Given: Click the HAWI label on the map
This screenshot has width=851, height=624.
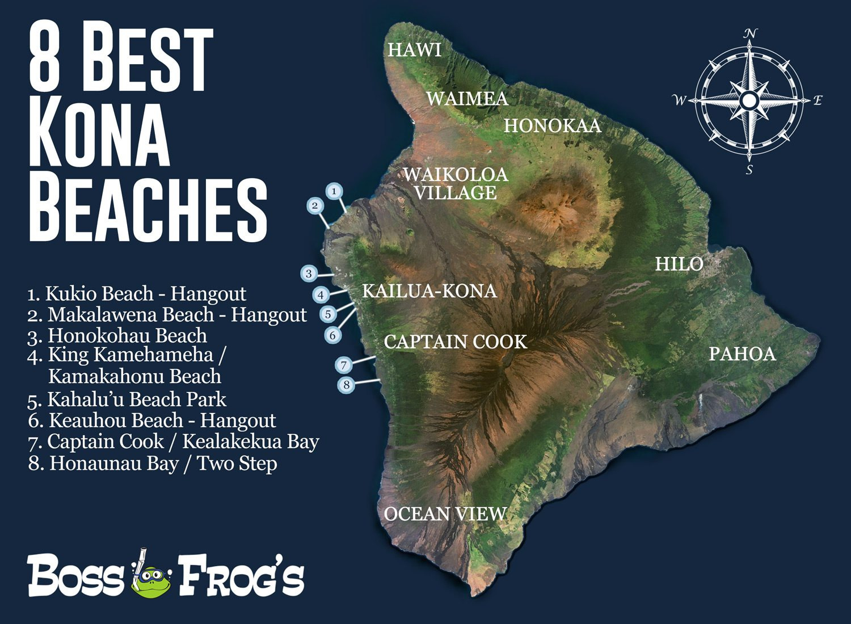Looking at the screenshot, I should tap(414, 50).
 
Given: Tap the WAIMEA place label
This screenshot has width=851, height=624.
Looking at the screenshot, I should tap(467, 99).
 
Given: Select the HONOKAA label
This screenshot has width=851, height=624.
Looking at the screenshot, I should tap(552, 125).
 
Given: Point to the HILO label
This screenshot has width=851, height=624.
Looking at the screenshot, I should tap(679, 264).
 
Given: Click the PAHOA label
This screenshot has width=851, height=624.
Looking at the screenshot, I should tap(742, 354).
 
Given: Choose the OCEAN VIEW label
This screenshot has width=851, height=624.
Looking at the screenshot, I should tap(445, 514).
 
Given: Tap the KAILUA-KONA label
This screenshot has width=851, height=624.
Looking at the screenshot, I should tap(429, 291).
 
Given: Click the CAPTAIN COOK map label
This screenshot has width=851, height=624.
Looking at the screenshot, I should tap(455, 341).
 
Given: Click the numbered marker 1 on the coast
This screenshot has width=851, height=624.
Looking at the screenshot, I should tap(335, 191).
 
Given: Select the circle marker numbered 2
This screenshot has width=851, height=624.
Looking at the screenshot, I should tap(315, 205).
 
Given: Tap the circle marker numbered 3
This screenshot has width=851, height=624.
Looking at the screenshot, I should tap(309, 273).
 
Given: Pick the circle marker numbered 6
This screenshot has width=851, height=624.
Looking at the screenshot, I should tap(333, 335).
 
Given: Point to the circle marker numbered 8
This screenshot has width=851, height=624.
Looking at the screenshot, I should tap(346, 385).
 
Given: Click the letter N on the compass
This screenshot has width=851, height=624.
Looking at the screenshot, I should tap(750, 34).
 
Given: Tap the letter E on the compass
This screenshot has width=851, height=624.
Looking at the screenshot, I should tap(818, 101).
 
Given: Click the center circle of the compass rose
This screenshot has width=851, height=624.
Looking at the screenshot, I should tap(749, 101).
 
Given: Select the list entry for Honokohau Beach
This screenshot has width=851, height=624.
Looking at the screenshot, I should tap(117, 335).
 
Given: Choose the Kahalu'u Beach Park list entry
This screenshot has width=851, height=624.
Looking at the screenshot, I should tap(127, 399).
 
